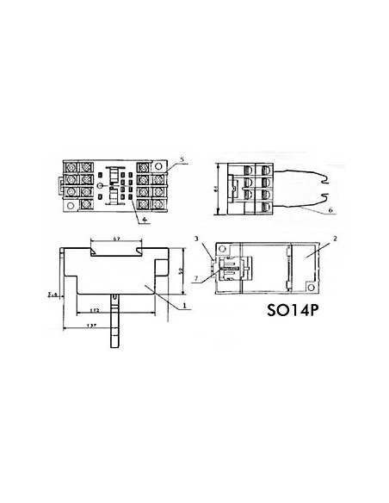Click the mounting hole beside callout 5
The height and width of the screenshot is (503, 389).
[164, 165]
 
